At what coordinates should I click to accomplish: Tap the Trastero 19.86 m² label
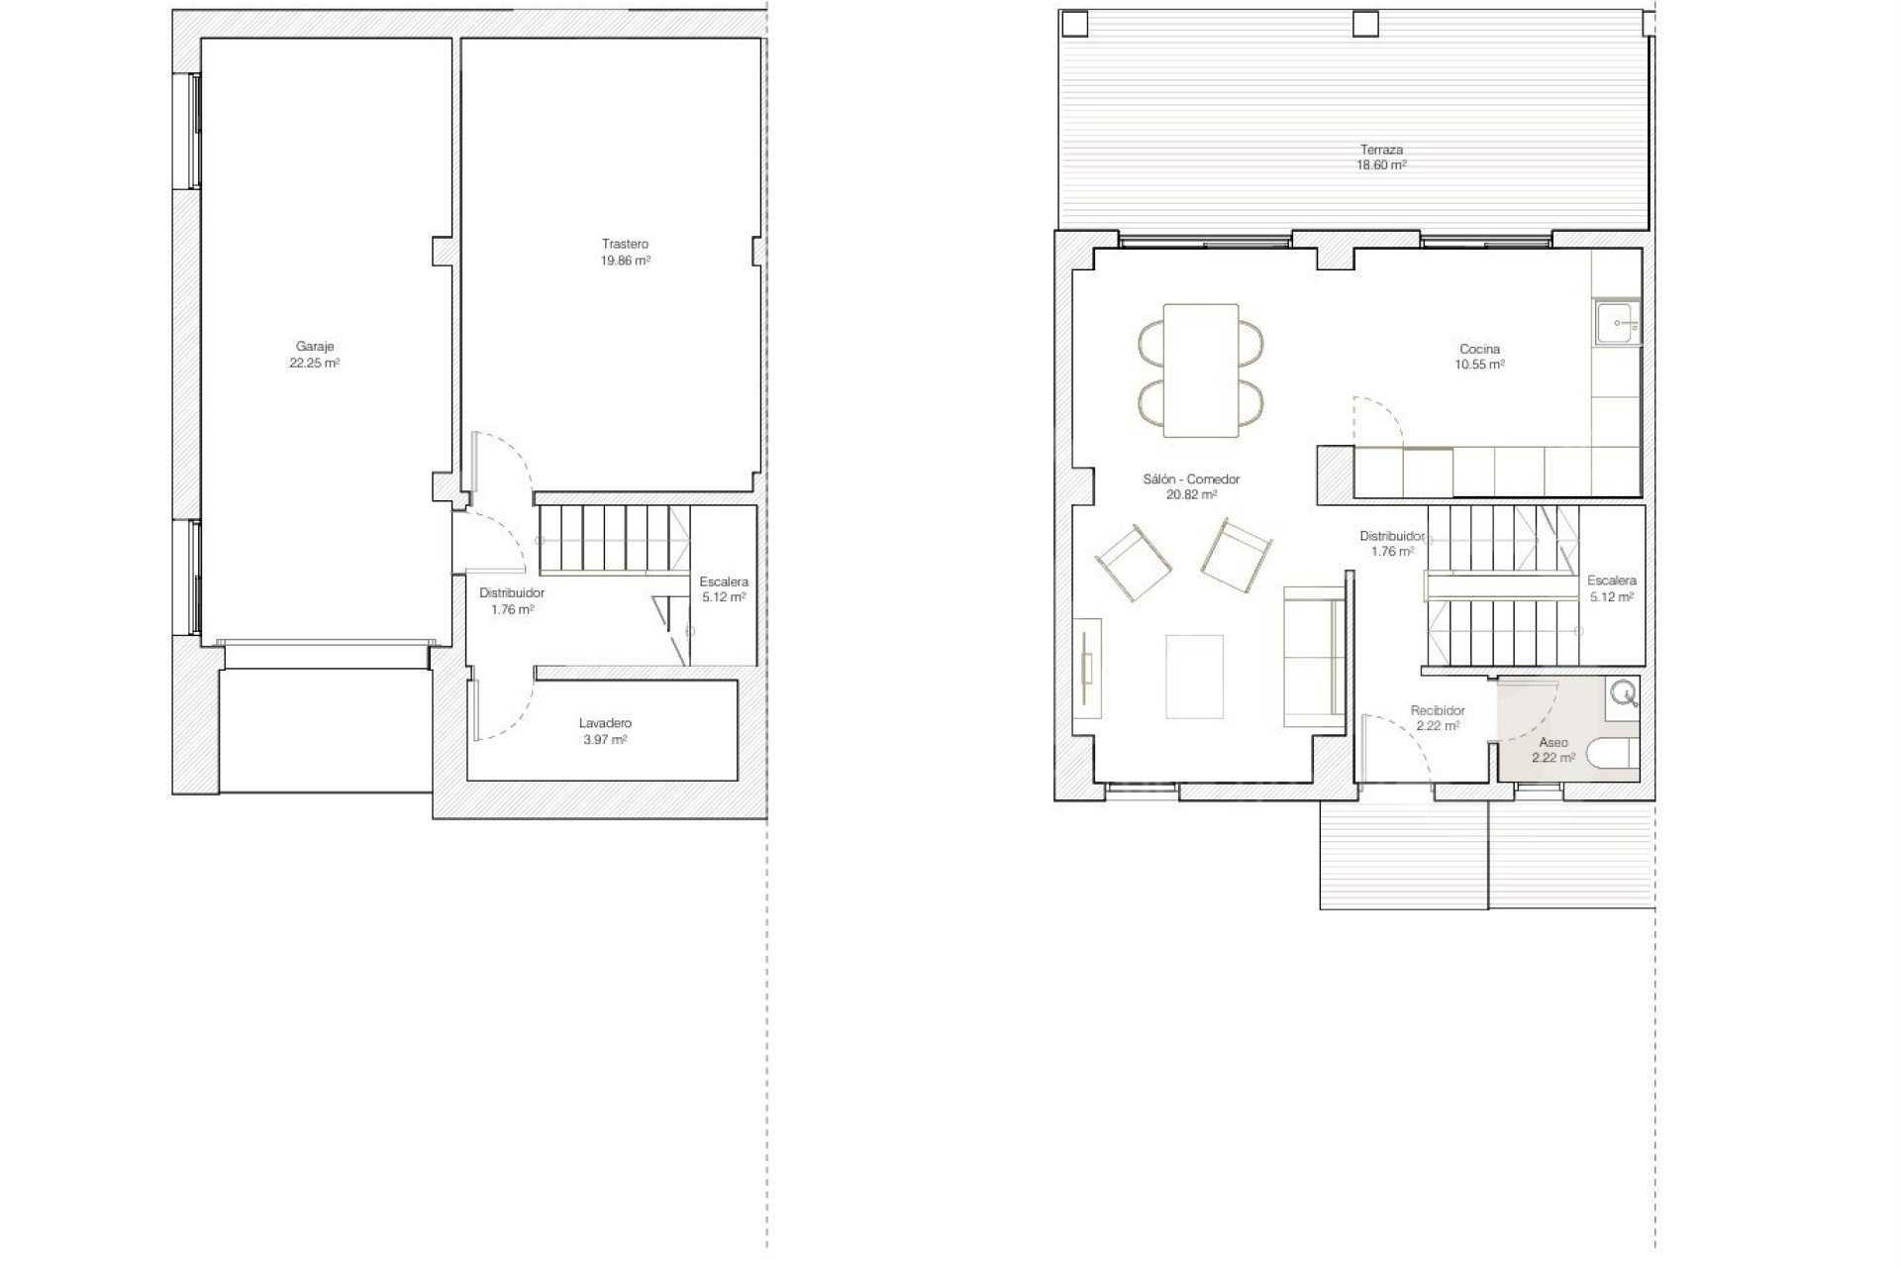(x=625, y=252)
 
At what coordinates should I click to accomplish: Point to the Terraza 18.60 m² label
(x=1381, y=158)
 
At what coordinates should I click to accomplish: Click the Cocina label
(x=1479, y=349)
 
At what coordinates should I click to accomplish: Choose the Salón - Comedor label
(x=1191, y=479)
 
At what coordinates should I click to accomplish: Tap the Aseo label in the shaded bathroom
(x=1553, y=742)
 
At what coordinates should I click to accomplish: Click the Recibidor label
(x=1438, y=710)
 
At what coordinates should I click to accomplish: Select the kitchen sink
(x=1618, y=323)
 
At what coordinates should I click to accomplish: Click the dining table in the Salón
(x=1201, y=370)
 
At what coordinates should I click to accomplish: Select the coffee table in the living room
(x=1195, y=677)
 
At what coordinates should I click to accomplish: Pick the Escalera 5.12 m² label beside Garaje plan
(x=724, y=589)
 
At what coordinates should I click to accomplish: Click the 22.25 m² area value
(x=315, y=363)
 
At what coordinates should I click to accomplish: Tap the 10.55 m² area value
(x=1479, y=365)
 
